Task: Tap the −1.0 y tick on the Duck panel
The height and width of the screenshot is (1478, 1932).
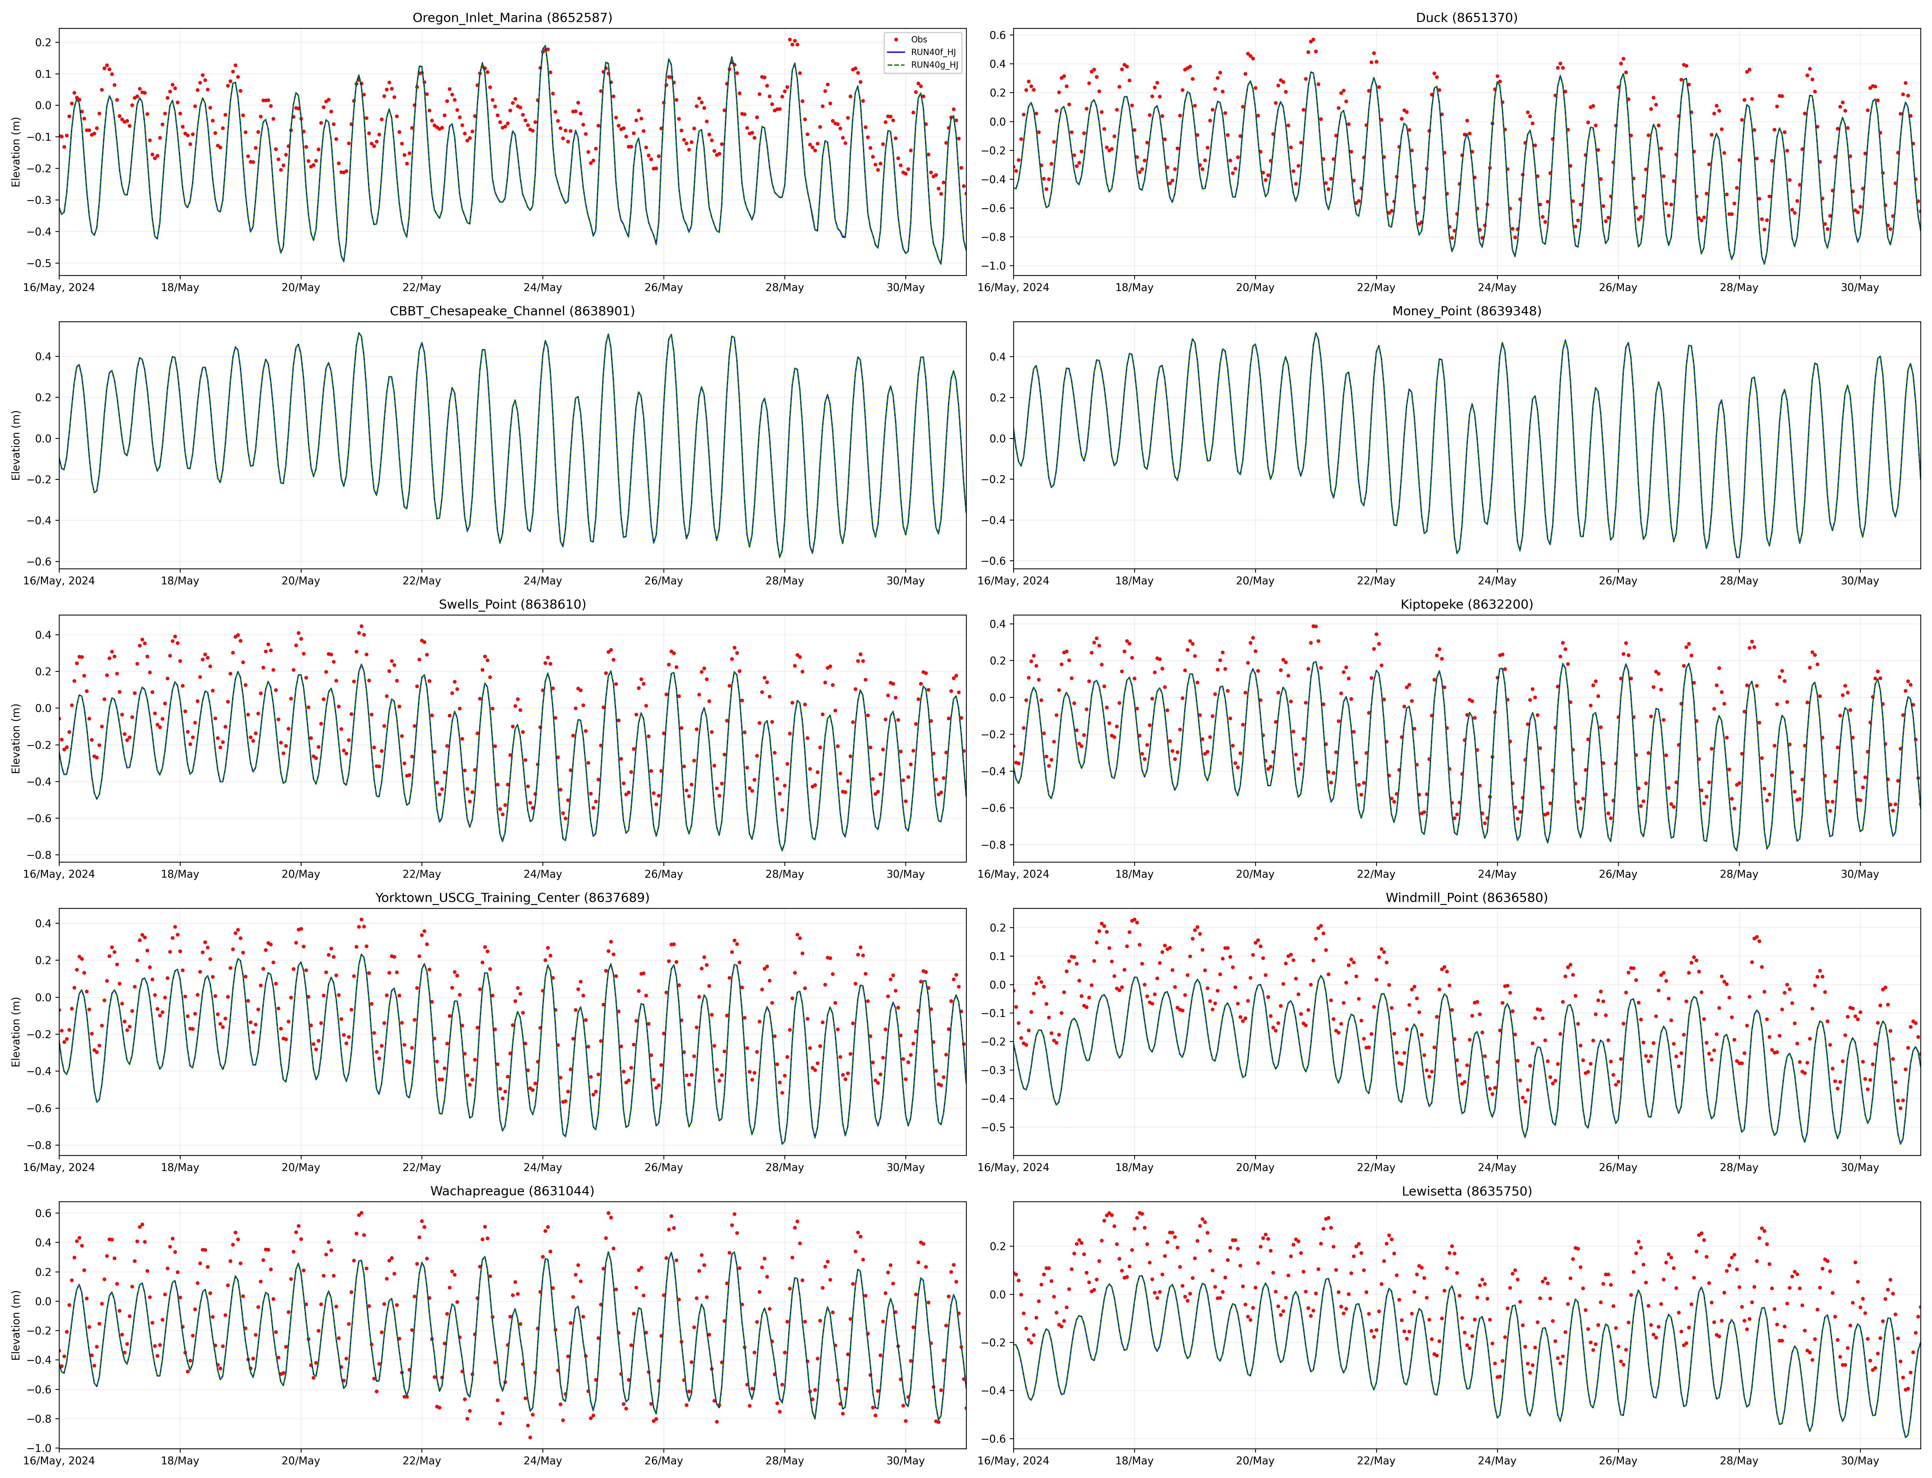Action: (x=996, y=266)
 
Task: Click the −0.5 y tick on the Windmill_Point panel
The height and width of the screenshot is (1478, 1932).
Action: (x=996, y=1127)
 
